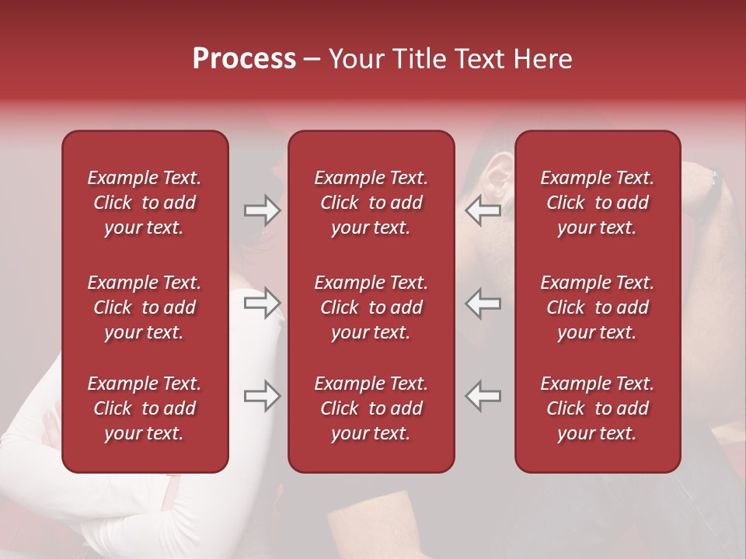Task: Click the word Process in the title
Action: pos(244,59)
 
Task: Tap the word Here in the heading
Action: pos(542,59)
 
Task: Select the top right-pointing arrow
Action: pos(263,210)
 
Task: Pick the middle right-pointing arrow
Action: pos(263,303)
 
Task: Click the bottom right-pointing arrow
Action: pos(263,396)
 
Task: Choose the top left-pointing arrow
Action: pos(483,210)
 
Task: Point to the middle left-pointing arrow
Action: pos(483,303)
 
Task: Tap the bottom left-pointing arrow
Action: pos(483,396)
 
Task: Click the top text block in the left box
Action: pos(145,203)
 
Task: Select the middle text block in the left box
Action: pos(145,307)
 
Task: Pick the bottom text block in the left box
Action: pos(145,408)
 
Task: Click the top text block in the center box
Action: pos(371,203)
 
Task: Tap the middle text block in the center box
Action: pos(371,307)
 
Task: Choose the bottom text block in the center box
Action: pos(371,408)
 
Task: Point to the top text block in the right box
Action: pos(598,203)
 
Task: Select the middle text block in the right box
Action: pos(598,307)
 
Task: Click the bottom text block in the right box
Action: pos(598,408)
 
